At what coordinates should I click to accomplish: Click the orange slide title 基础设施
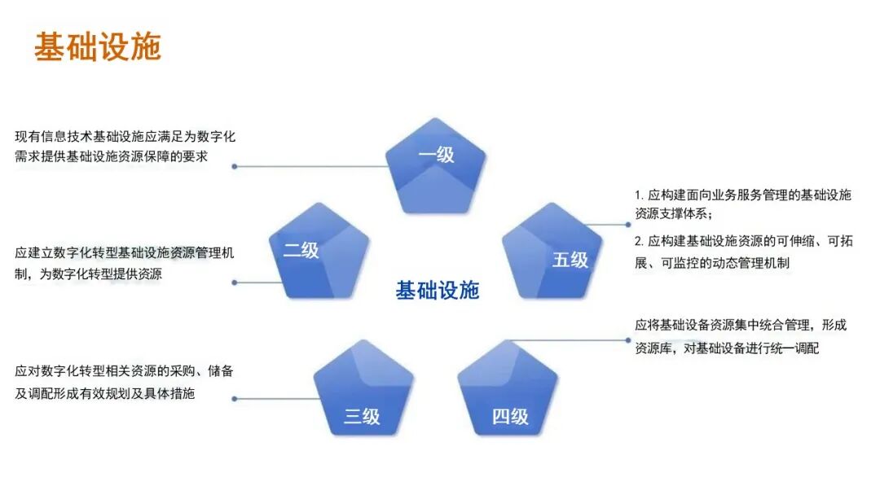[x=98, y=47]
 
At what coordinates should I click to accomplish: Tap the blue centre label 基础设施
[x=438, y=291]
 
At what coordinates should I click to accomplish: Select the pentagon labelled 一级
[x=436, y=167]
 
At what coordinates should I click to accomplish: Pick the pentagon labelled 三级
[x=363, y=388]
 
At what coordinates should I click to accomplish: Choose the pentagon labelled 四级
[x=508, y=388]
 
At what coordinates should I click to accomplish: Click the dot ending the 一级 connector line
[x=235, y=166]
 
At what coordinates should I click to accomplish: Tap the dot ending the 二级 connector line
[x=235, y=283]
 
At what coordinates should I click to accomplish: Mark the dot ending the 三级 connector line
[x=235, y=399]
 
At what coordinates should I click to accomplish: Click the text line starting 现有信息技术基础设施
[x=125, y=137]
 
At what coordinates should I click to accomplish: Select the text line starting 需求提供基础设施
[x=111, y=156]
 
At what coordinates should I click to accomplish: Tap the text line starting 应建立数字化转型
[x=125, y=253]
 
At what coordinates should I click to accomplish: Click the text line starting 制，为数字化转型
[x=88, y=274]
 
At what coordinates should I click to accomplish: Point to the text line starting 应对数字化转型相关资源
[x=125, y=371]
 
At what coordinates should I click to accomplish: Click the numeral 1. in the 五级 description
[x=640, y=195]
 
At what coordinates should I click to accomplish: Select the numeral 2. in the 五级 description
[x=640, y=242]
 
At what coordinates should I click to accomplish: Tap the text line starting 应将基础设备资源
[x=741, y=326]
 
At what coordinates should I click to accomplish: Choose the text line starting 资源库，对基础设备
[x=727, y=348]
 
